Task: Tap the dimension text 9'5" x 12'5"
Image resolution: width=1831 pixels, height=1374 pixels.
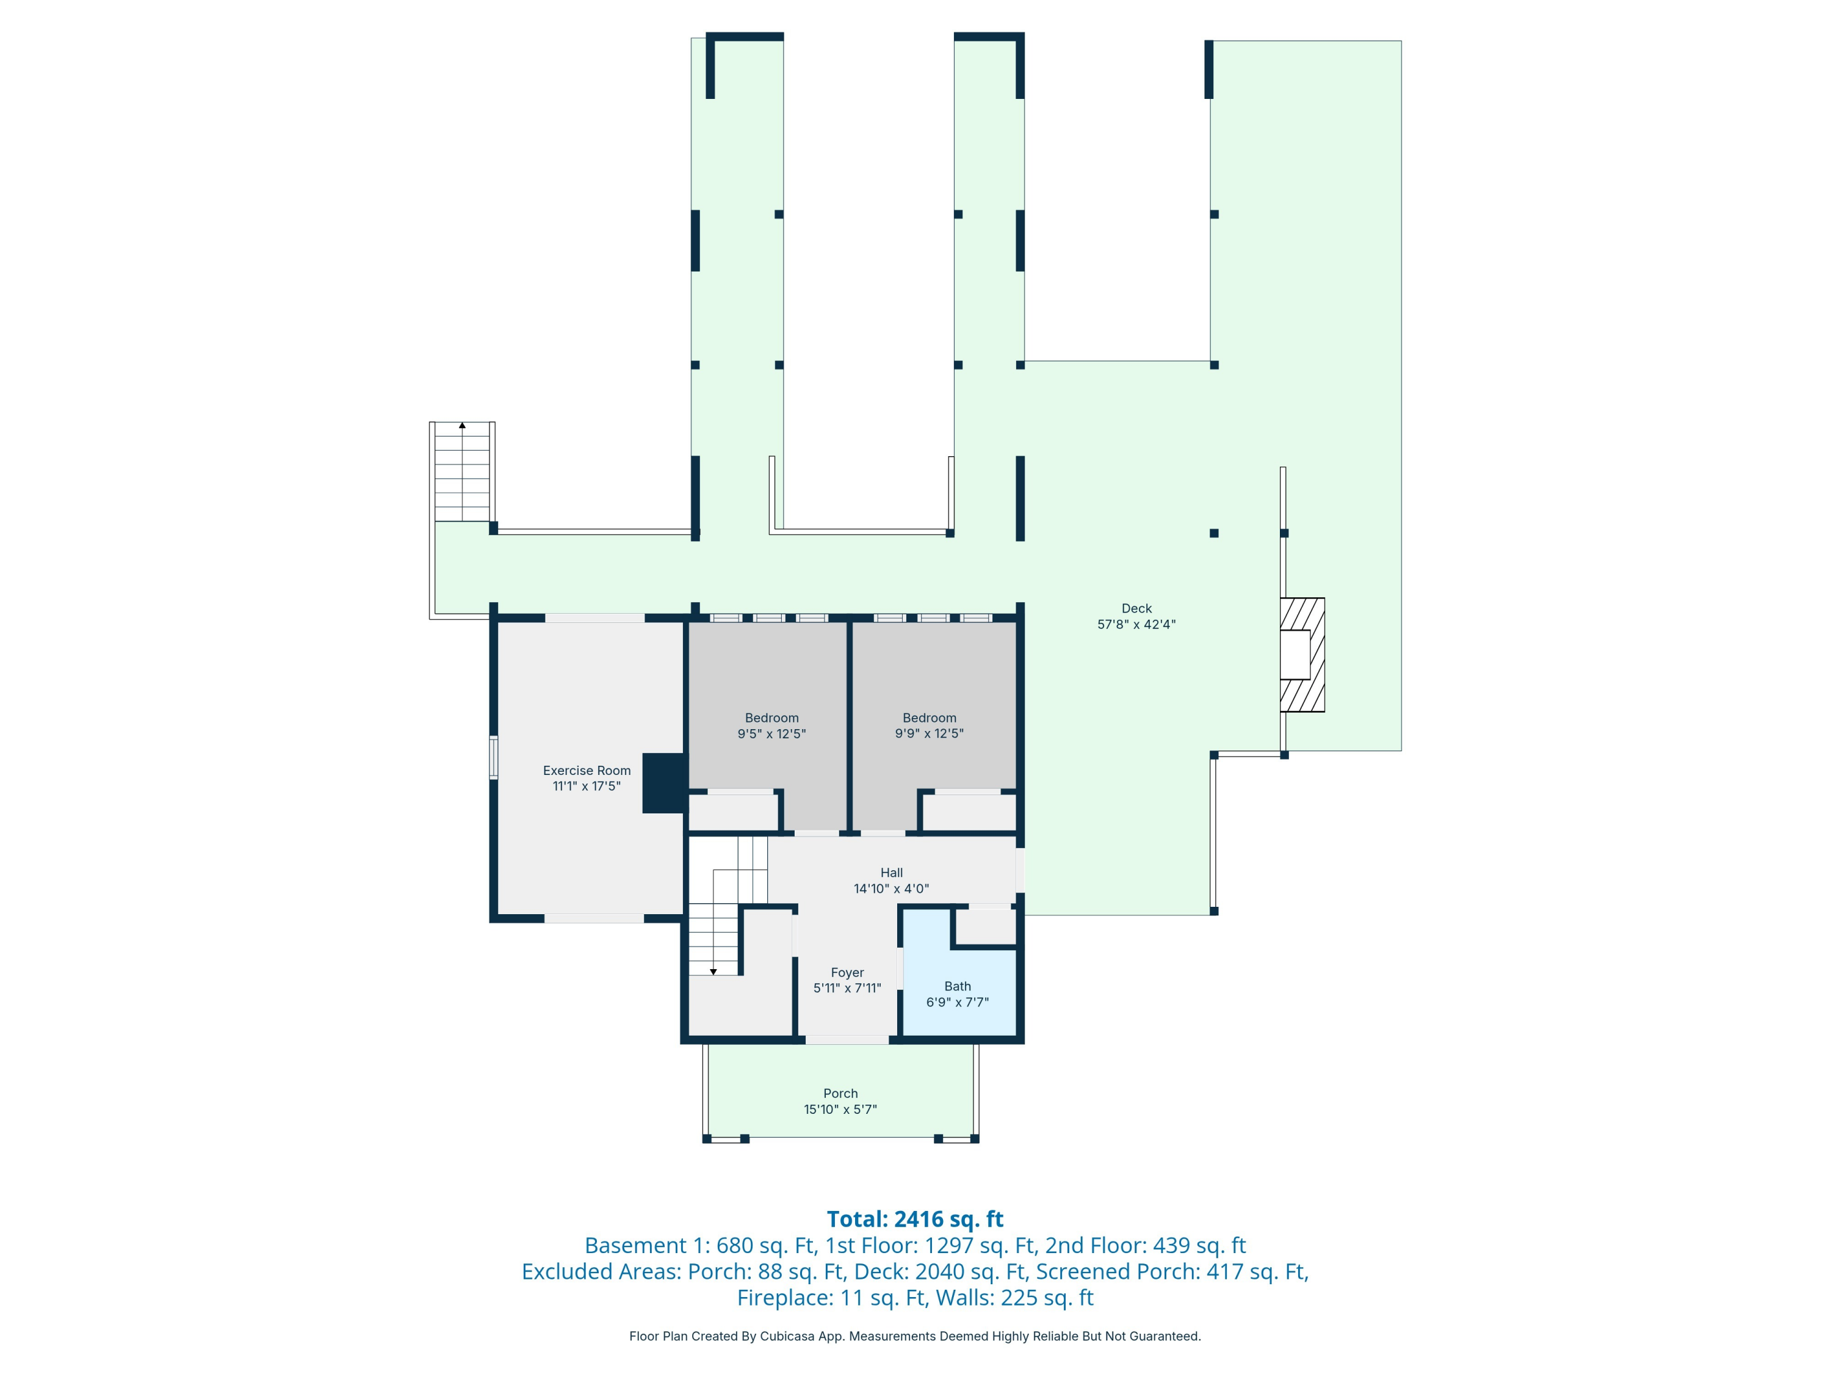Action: tap(771, 733)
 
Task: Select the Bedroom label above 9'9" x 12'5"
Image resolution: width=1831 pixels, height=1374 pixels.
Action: tap(929, 718)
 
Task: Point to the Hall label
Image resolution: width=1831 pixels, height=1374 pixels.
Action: tap(892, 872)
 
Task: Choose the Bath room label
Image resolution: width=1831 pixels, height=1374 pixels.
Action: tap(957, 986)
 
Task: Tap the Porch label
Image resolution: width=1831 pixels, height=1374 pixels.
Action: tap(840, 1093)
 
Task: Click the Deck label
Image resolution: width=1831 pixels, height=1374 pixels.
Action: tap(1136, 608)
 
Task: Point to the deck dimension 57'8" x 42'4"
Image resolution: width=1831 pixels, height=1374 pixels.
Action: tap(1136, 625)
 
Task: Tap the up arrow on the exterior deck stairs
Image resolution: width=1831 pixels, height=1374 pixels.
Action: tap(462, 426)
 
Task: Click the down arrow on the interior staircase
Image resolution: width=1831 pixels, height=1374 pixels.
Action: tap(713, 972)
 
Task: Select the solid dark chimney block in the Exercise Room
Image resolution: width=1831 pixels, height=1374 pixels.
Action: tap(664, 783)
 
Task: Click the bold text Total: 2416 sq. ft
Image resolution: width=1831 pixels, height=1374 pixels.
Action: tap(915, 1219)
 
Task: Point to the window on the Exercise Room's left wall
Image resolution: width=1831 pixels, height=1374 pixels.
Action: tap(493, 757)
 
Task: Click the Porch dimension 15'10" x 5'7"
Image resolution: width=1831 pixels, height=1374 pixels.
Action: tap(840, 1109)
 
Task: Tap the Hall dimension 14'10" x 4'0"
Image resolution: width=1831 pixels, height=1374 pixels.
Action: tap(892, 889)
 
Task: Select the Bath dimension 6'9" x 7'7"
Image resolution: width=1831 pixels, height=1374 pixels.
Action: tap(957, 1002)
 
